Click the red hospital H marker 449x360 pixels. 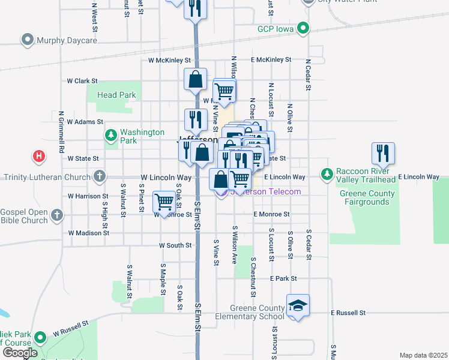pos(39,157)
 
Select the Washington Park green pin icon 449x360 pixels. pos(110,136)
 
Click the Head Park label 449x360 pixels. pos(116,95)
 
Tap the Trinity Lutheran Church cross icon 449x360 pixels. pos(100,177)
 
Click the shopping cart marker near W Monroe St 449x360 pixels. pos(164,202)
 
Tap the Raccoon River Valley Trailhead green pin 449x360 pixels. pos(327,174)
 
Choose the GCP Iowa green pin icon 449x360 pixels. pos(304,28)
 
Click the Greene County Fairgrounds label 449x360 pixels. pos(367,198)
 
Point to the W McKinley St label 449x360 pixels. pos(170,61)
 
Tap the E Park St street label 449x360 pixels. pos(283,279)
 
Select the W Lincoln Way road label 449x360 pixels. pos(166,178)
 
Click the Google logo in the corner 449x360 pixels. pos(20,353)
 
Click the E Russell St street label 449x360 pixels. pos(348,313)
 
